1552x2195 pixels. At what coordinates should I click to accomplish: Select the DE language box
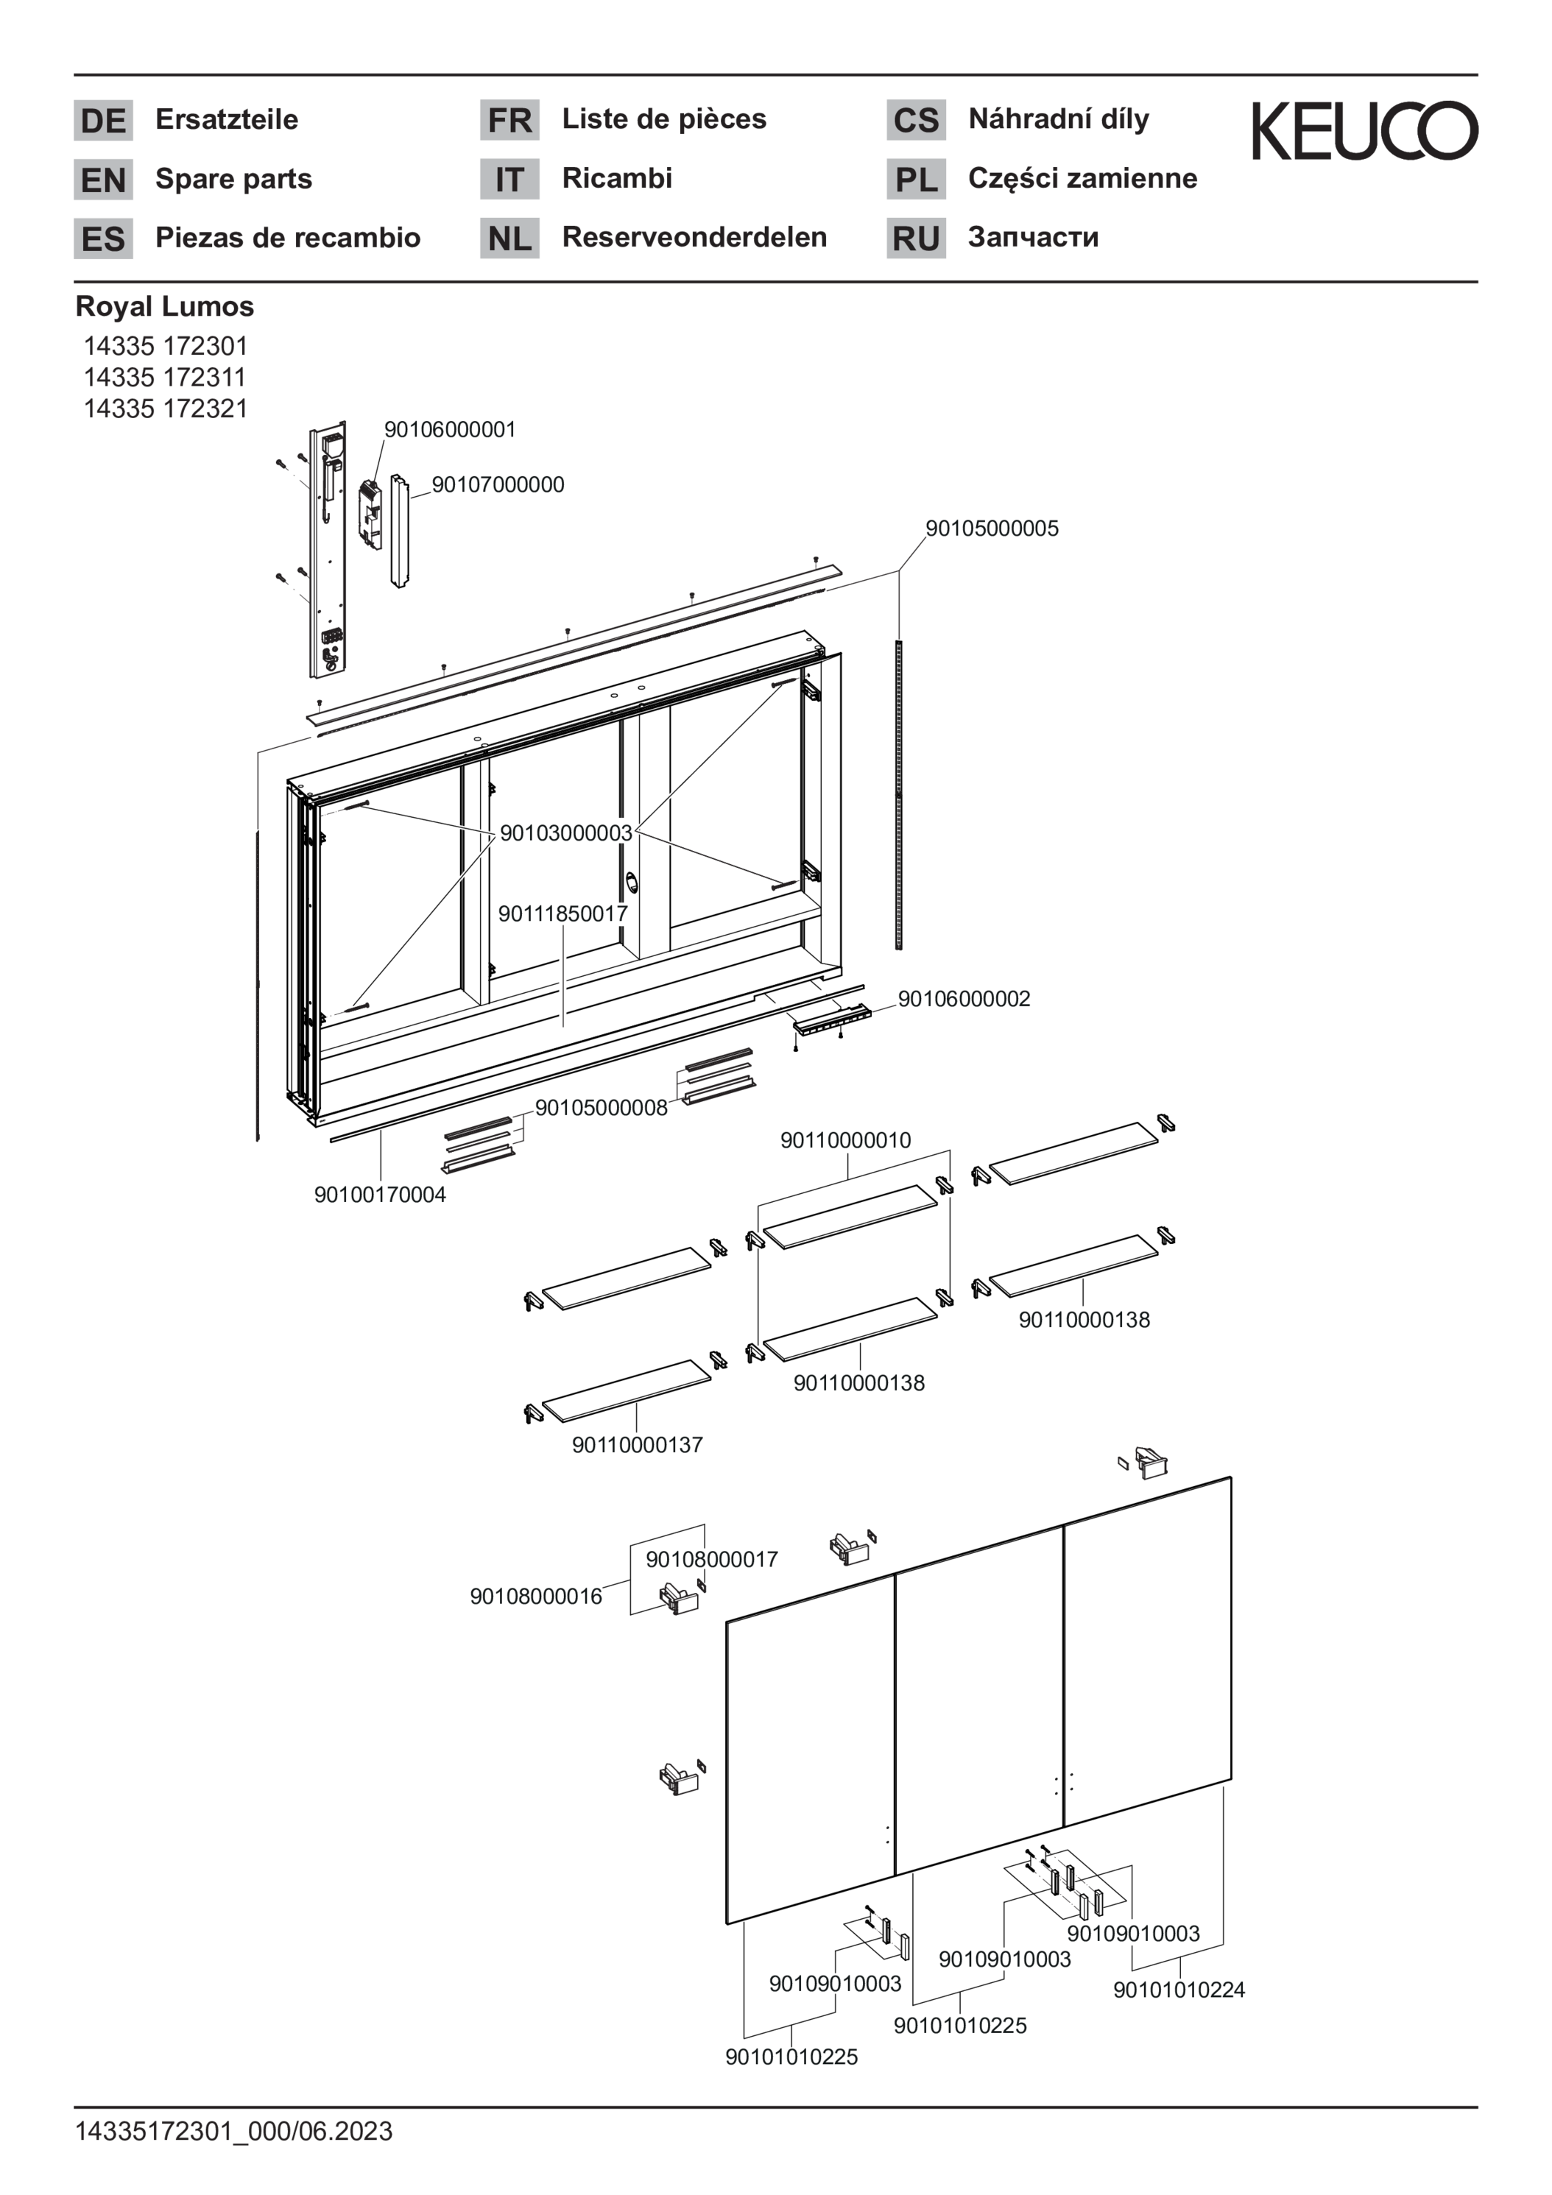point(103,121)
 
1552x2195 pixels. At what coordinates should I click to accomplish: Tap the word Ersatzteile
point(227,119)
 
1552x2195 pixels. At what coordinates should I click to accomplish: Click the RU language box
point(916,238)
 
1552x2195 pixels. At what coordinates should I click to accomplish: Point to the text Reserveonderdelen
point(694,237)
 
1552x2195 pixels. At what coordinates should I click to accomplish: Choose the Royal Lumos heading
point(164,307)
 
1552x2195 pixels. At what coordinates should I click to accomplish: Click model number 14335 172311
point(166,377)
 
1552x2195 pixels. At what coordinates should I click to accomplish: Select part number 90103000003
point(566,833)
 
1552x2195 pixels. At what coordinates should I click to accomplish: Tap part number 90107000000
point(497,484)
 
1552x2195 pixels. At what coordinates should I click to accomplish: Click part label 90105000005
point(992,529)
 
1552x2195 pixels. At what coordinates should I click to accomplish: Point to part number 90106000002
point(964,999)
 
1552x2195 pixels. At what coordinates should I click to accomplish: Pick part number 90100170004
point(380,1195)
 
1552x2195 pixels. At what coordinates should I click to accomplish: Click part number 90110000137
point(637,1444)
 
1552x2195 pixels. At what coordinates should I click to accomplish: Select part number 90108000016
point(535,1597)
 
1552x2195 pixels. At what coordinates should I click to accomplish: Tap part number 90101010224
point(1178,1990)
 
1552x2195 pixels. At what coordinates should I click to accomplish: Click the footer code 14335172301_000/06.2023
point(234,2131)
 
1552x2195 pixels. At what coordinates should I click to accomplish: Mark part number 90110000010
point(845,1140)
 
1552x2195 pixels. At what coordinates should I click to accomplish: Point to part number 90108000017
point(711,1559)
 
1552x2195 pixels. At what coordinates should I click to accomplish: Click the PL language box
point(916,180)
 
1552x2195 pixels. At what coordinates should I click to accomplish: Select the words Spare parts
point(233,179)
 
